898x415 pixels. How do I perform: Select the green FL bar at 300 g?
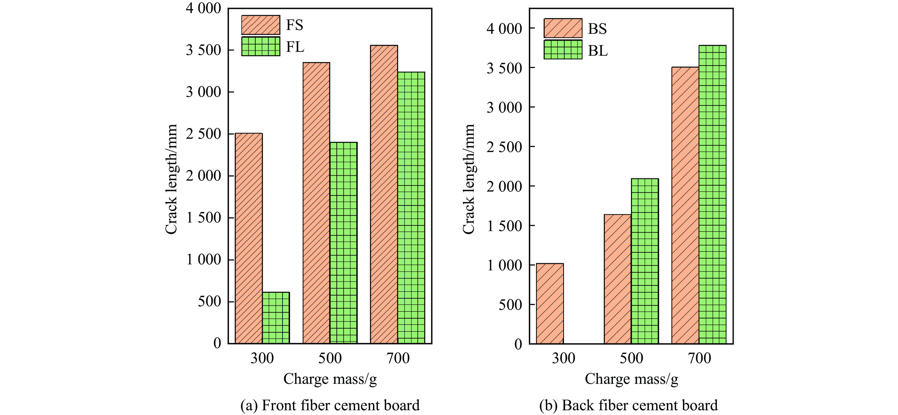276,318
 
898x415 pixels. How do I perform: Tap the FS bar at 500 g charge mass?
316,203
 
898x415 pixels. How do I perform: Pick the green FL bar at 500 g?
343,242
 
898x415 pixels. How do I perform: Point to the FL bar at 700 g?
411,208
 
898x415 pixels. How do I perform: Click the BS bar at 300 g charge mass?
550,303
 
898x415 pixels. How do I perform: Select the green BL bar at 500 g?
645,261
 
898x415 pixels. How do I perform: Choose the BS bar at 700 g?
685,205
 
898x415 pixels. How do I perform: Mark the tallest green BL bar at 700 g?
712,194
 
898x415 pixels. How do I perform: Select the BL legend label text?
597,51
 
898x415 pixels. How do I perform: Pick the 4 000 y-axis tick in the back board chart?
504,29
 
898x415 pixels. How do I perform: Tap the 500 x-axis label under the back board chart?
631,358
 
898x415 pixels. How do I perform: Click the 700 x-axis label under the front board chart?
398,358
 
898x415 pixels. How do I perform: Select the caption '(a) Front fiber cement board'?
330,405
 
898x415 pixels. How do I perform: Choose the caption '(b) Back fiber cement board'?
628,405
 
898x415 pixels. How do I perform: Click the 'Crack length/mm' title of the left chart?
171,179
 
